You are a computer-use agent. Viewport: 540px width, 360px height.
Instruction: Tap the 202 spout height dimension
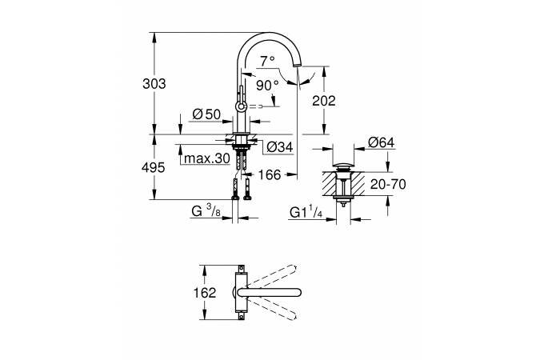[341, 101]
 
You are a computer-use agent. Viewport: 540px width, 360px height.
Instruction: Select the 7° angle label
[267, 61]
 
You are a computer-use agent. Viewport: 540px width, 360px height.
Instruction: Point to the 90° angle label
[267, 83]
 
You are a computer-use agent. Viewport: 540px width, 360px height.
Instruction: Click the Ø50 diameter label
[206, 114]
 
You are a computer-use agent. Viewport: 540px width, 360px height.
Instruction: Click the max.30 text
[206, 158]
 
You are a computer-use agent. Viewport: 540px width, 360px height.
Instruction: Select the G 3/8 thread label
[204, 212]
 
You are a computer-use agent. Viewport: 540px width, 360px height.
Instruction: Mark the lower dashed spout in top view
[277, 311]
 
